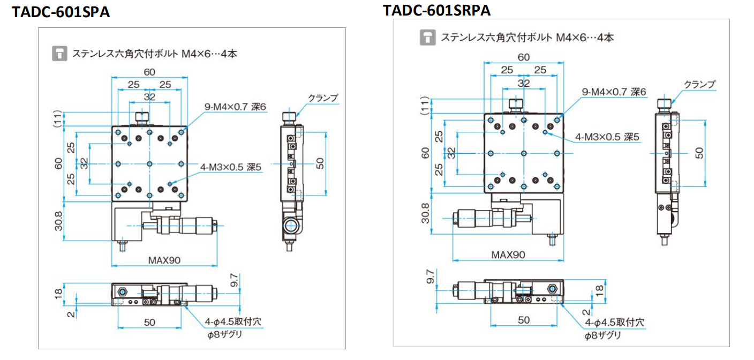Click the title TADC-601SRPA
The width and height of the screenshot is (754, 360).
[x=436, y=10]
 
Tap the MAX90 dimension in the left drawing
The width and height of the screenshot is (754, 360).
[x=164, y=260]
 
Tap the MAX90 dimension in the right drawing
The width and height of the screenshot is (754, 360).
[x=508, y=254]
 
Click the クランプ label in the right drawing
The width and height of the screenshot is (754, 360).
[x=699, y=85]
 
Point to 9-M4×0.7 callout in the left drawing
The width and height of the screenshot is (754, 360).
[x=235, y=107]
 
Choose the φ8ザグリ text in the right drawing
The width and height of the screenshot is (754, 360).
[x=602, y=336]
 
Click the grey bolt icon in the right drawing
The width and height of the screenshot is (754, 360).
[x=427, y=37]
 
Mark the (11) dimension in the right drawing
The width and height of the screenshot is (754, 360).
[x=425, y=106]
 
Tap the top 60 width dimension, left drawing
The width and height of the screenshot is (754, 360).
[x=149, y=72]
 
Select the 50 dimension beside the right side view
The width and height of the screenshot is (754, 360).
[x=699, y=153]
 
